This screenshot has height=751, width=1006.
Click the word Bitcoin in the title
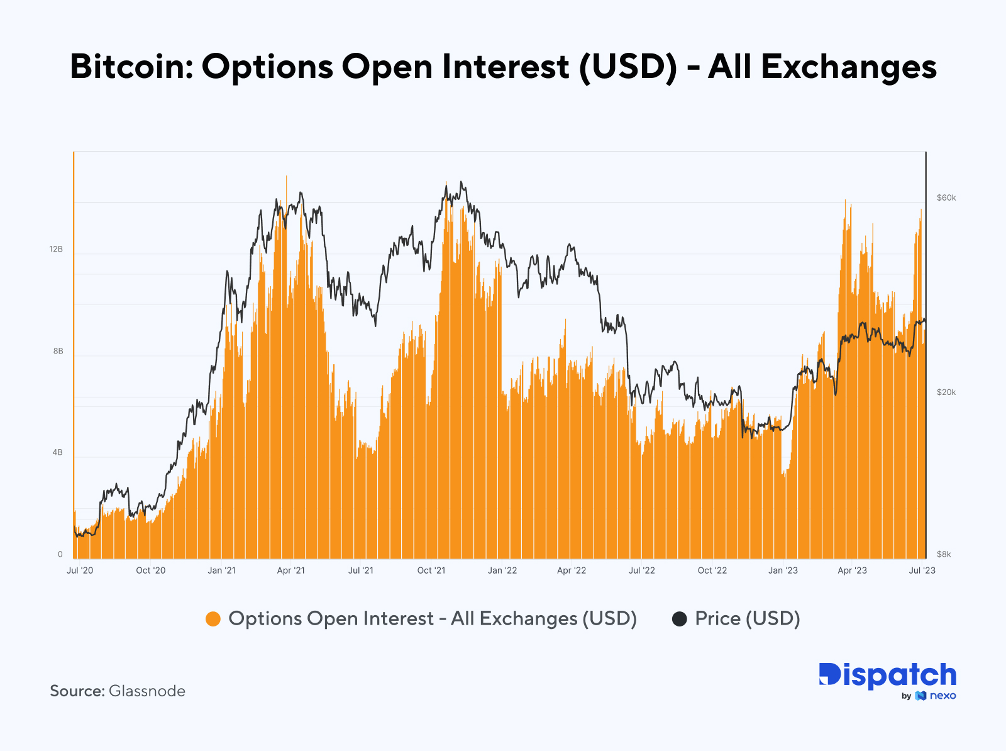(131, 67)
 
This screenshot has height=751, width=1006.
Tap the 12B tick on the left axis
(56, 250)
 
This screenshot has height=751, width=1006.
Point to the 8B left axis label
(58, 352)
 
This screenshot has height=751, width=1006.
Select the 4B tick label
(57, 453)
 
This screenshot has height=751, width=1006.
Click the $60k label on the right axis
(946, 198)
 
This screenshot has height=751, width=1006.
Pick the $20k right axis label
(946, 392)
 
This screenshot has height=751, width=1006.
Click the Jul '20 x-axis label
(80, 570)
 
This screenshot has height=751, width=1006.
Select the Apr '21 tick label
(290, 570)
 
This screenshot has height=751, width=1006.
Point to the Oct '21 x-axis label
(431, 570)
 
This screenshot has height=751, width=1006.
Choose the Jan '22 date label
(502, 570)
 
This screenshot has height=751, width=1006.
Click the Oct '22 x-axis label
(712, 570)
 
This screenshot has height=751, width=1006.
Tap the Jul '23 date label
(922, 570)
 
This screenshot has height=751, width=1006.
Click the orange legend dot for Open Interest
(213, 619)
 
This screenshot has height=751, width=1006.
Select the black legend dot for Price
(679, 619)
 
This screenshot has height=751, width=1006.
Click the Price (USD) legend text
(747, 619)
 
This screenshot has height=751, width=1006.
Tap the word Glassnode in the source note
(147, 691)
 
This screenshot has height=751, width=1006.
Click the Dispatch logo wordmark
(887, 676)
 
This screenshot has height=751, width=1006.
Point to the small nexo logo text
(942, 696)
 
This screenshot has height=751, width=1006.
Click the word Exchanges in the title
(849, 67)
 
